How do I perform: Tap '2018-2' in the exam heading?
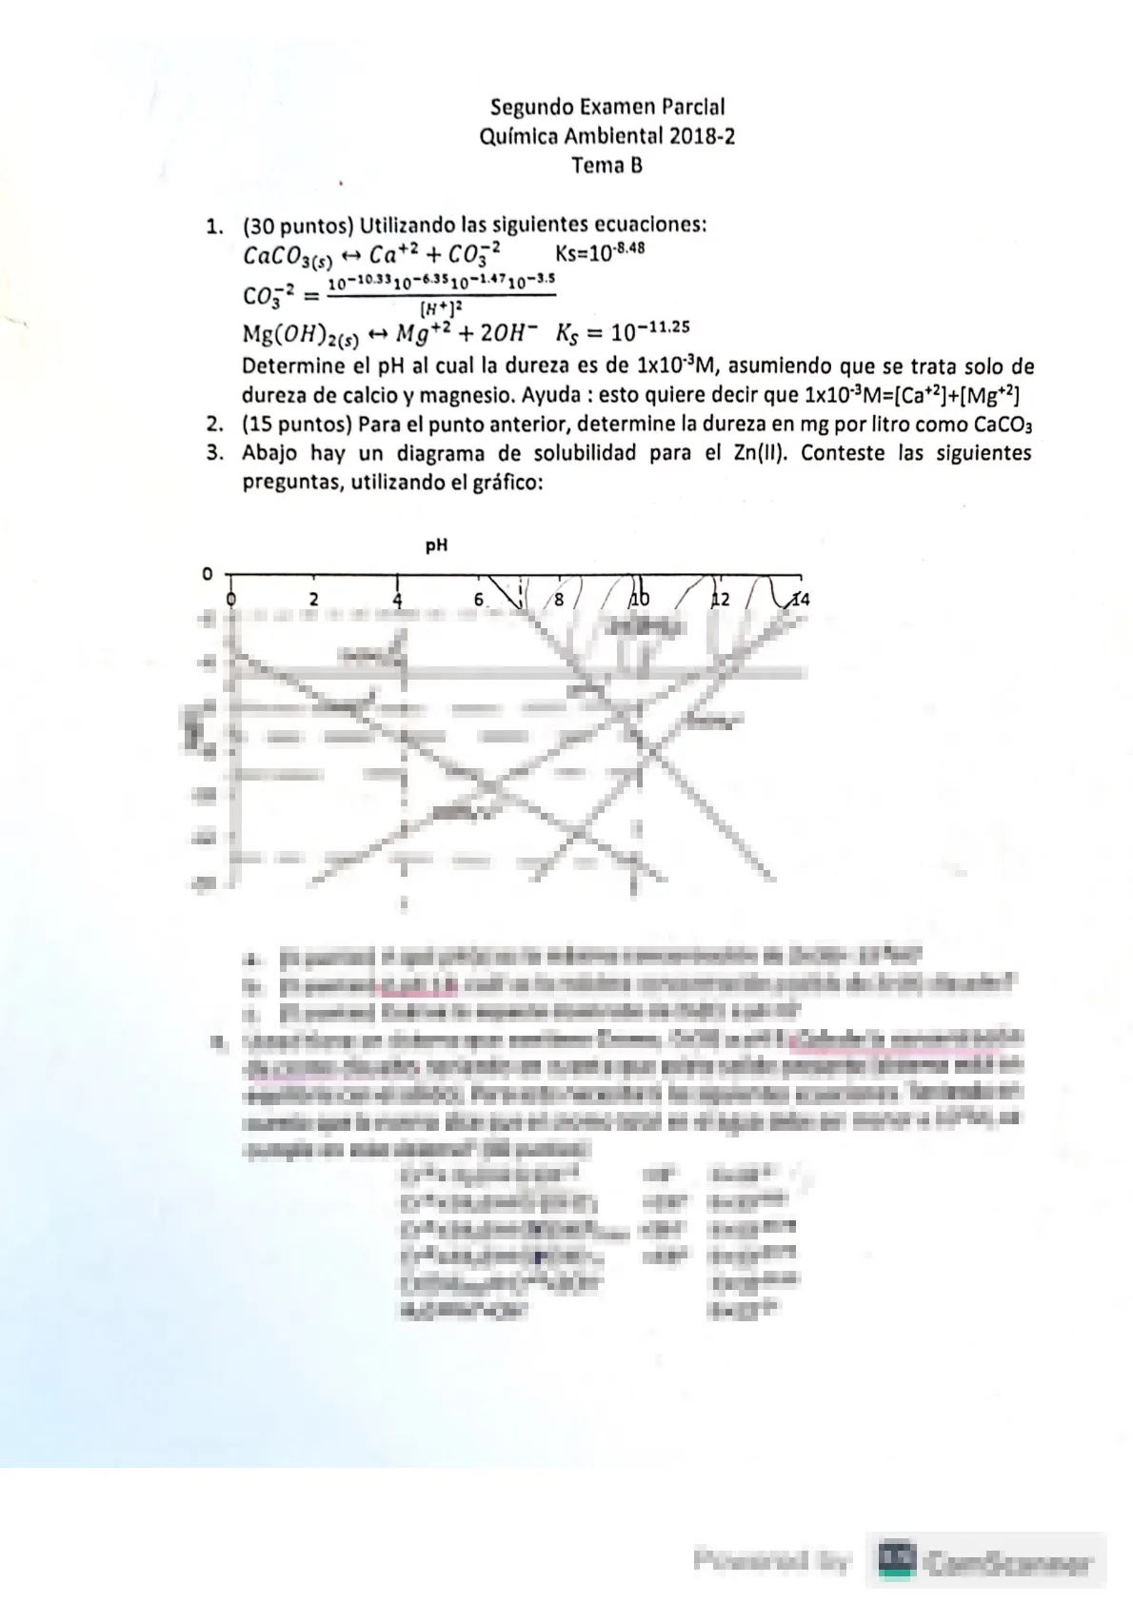point(702,136)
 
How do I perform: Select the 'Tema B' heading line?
point(606,166)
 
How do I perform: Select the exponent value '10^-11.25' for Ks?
point(650,332)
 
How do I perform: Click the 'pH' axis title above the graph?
point(436,545)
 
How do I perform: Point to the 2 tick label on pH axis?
point(313,600)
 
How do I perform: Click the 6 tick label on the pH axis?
point(479,600)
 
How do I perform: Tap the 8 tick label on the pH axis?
point(559,601)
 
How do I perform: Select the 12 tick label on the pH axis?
point(721,600)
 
